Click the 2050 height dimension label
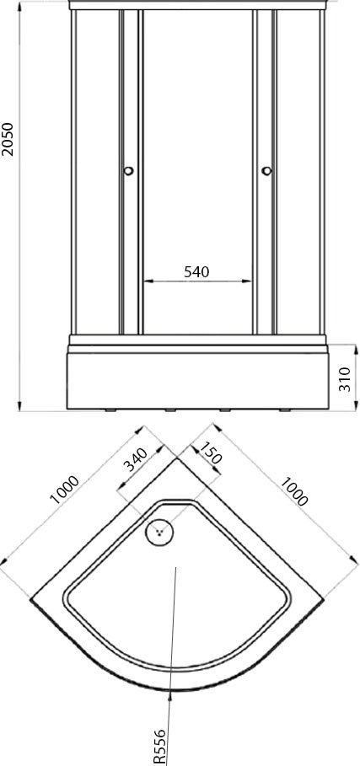[x=8, y=139]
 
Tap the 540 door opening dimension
[x=196, y=271]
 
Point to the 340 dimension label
[x=135, y=460]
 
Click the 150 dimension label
[x=211, y=453]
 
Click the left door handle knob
[x=128, y=171]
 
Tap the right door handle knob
[x=266, y=170]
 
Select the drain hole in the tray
[x=159, y=532]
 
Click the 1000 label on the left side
[x=64, y=489]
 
